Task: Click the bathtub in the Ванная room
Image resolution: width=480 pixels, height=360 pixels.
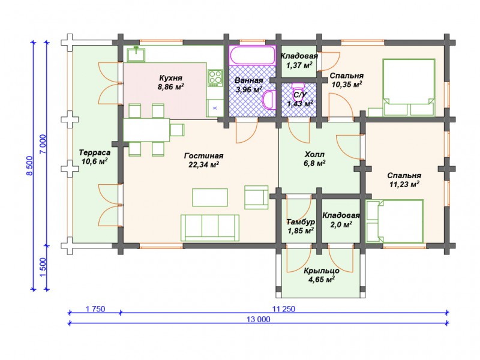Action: pos(253,55)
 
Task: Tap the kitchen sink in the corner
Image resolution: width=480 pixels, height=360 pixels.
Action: pos(136,54)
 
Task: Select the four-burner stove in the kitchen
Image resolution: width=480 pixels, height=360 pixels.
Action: pos(215,77)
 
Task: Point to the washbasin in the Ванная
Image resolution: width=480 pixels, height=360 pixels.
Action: pos(269,100)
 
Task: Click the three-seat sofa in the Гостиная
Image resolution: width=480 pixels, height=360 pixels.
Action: pos(209,227)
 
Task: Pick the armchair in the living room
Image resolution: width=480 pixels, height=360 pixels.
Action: pos(257,197)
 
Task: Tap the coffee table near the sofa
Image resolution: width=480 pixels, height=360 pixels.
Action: pos(210,197)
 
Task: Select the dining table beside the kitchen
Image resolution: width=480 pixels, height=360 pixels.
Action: pos(146,130)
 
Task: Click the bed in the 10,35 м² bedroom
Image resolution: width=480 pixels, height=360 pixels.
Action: pos(409,88)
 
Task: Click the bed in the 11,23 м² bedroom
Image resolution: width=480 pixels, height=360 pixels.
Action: pos(395,221)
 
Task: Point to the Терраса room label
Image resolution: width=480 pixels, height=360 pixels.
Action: pos(95,152)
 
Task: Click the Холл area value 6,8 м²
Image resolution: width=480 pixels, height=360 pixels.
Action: pos(314,163)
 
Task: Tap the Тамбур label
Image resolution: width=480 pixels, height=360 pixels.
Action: pos(301,221)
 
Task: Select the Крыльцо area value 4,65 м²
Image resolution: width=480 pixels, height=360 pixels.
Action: pos(322,279)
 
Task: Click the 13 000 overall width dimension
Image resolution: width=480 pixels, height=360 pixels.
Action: pos(259,319)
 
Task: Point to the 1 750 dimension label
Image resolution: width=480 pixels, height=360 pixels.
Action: pos(95,309)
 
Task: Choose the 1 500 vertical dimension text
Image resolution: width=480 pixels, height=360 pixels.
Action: pos(43,267)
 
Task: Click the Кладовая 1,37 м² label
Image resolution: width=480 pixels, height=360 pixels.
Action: pos(299,61)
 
